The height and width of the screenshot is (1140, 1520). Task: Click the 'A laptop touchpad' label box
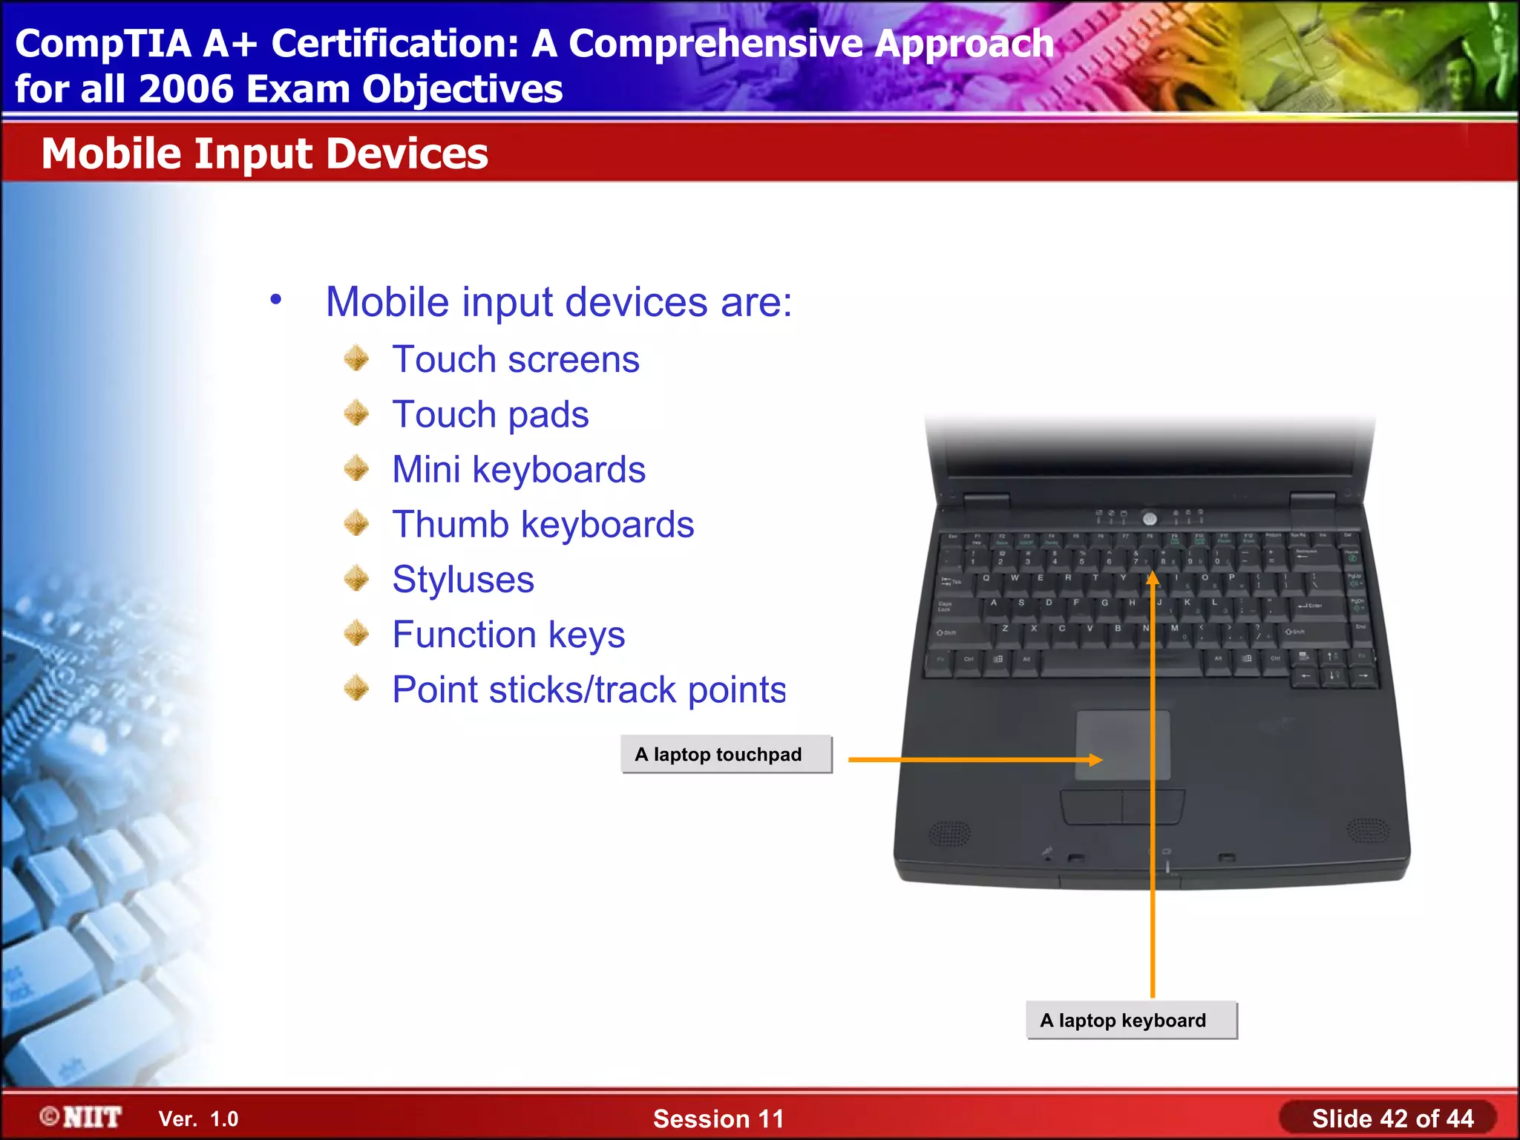726,754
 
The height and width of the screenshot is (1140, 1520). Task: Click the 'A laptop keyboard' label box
1131,1020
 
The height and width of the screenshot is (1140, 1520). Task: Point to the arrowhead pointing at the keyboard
1152,578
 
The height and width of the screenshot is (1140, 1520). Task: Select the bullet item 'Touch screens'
515,360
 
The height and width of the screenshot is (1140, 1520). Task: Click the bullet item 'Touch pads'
490,415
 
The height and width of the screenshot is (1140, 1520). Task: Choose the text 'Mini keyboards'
518,470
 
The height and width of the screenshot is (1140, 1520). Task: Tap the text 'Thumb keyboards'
543,525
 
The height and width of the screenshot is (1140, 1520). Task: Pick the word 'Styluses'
462,580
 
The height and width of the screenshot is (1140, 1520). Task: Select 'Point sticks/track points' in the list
589,690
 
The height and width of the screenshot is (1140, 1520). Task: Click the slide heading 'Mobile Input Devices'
264,154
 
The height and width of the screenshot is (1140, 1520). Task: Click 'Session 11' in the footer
718,1118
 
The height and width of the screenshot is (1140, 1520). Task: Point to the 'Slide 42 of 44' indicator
1392,1118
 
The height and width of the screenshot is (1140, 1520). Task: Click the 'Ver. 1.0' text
198,1118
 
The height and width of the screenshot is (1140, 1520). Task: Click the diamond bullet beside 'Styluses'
357,579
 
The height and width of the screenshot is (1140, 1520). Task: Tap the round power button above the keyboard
1149,518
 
